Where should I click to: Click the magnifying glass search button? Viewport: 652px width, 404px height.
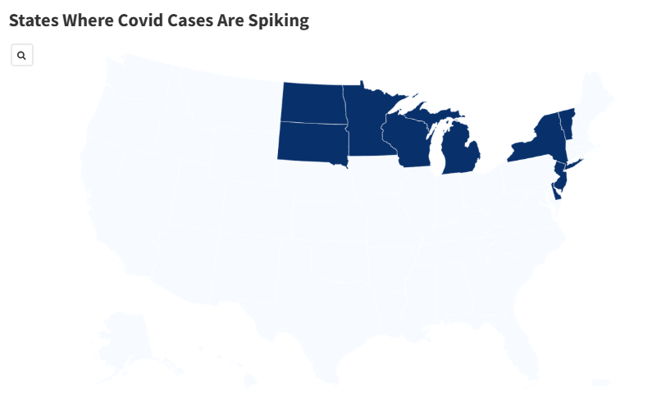tap(21, 56)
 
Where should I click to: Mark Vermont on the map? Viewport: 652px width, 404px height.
tap(566, 121)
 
